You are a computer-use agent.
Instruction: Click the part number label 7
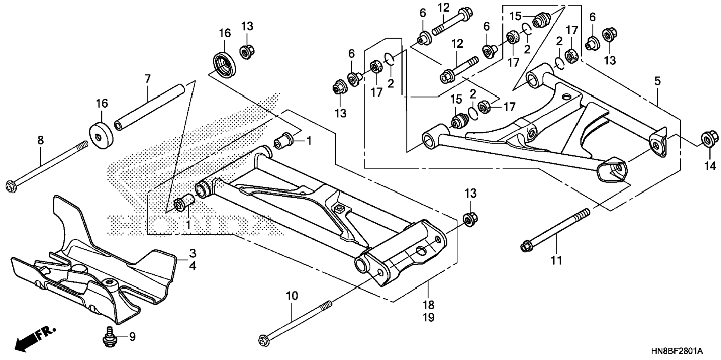point(148,79)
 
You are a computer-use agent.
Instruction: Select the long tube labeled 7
point(150,108)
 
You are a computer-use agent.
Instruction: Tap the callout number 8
point(40,140)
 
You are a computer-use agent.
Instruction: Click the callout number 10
point(292,296)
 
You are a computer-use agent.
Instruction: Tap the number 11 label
point(556,260)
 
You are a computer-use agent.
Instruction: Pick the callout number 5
point(657,81)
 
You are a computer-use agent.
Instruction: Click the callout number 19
point(429,318)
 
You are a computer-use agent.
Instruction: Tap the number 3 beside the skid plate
point(192,253)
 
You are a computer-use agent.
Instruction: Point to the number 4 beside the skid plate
point(192,266)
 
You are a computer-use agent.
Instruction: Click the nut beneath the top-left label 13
point(246,51)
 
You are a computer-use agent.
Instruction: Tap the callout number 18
point(429,305)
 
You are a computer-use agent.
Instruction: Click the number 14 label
point(711,166)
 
